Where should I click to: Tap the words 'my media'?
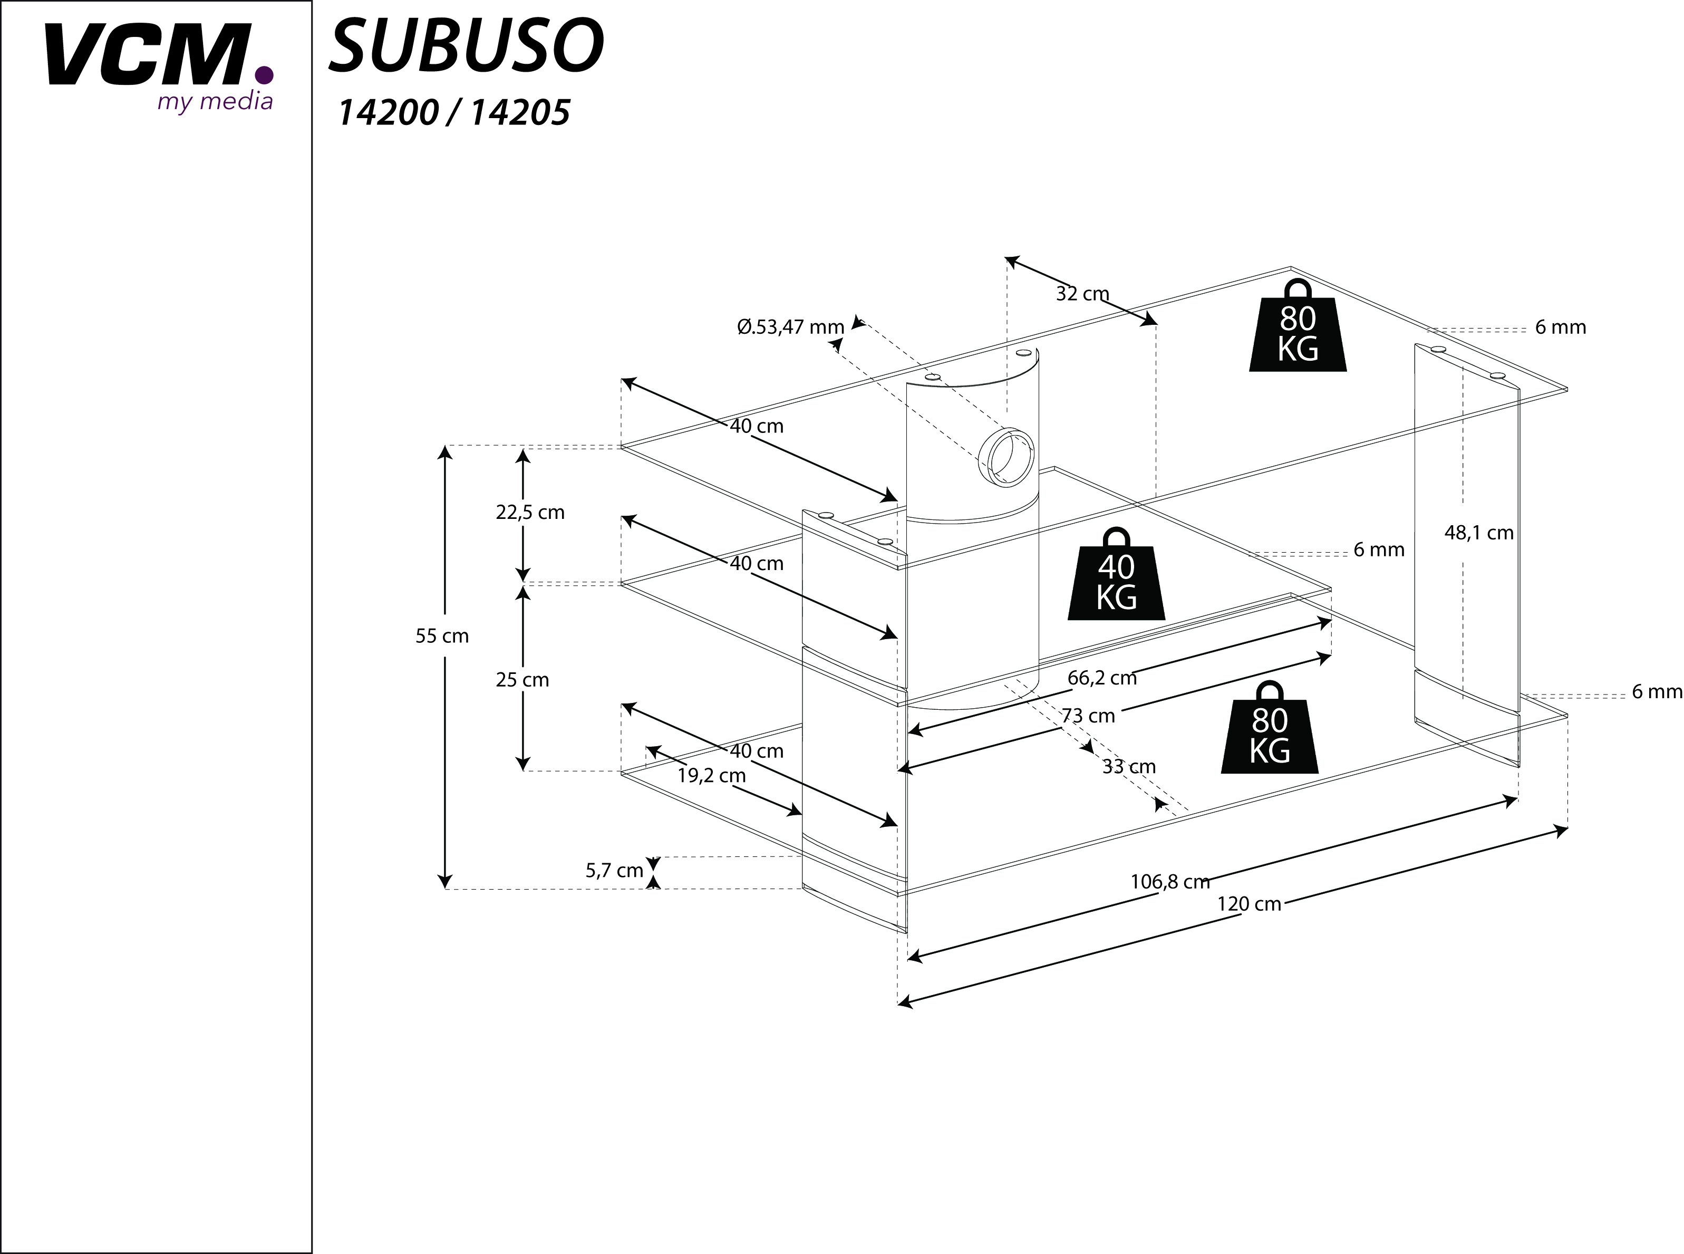(215, 101)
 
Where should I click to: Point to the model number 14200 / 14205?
(453, 113)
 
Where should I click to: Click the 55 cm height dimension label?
(442, 636)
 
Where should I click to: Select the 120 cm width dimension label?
(1249, 904)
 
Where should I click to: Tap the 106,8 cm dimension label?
(1169, 881)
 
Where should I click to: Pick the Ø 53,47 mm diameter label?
(790, 327)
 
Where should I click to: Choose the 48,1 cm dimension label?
(1478, 533)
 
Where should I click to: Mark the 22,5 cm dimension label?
(530, 513)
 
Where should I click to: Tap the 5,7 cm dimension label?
(614, 871)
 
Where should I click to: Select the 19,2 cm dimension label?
(711, 775)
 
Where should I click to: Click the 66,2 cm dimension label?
(1102, 678)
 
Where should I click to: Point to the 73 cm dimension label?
(1088, 716)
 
